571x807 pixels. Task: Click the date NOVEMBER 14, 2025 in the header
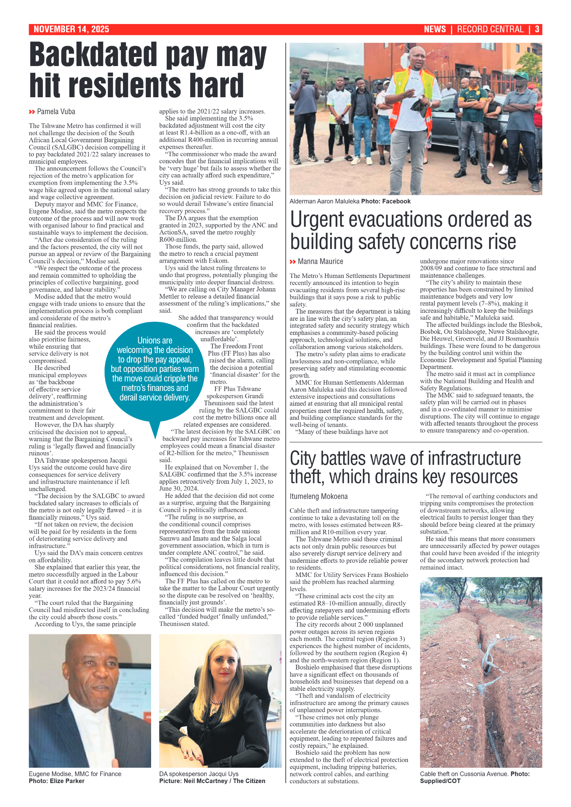click(71, 29)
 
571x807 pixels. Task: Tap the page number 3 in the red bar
click(537, 29)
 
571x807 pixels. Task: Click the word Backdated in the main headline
click(93, 55)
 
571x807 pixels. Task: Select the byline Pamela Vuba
click(56, 112)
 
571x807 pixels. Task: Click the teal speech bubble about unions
click(155, 369)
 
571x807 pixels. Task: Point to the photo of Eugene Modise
click(90, 700)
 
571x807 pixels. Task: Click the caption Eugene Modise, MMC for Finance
click(75, 774)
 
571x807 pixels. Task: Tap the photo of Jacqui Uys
click(220, 700)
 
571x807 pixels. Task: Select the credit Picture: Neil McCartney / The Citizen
click(212, 781)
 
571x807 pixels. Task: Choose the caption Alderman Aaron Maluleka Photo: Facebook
click(350, 201)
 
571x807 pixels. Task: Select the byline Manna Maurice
click(320, 262)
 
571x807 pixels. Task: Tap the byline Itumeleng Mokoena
click(319, 496)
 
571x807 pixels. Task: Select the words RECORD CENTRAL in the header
click(490, 29)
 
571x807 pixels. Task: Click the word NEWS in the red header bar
click(434, 29)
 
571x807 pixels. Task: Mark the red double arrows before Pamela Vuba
click(32, 112)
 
